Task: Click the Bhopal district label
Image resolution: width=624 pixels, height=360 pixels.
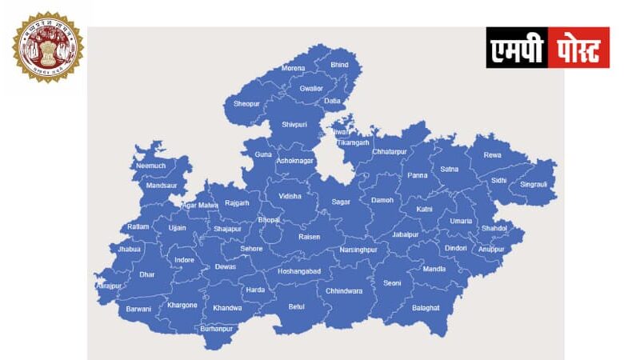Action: click(269, 219)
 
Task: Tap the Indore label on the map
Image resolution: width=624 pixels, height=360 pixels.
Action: click(185, 260)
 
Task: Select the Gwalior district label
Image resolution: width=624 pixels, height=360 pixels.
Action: click(311, 88)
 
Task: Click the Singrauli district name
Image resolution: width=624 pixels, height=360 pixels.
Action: click(534, 184)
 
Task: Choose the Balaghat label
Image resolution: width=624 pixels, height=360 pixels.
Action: click(426, 308)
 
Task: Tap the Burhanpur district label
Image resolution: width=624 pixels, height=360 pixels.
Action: click(216, 329)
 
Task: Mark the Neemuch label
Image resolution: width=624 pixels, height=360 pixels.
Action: click(150, 166)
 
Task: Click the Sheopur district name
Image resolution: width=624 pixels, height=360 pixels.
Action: click(246, 104)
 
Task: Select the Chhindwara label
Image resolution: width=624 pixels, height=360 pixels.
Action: click(344, 291)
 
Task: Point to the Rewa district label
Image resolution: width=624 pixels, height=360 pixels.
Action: click(493, 155)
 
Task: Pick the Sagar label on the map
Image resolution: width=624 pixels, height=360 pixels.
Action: click(341, 202)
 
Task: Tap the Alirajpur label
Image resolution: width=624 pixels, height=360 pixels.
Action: click(109, 286)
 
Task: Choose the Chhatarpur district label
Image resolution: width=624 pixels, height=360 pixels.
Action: click(390, 150)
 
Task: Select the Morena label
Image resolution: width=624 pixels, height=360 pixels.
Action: click(293, 69)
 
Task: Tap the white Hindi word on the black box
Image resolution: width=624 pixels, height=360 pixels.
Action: click(517, 48)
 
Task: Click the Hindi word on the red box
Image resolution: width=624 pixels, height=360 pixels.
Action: click(578, 48)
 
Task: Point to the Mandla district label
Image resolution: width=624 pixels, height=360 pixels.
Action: click(434, 269)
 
